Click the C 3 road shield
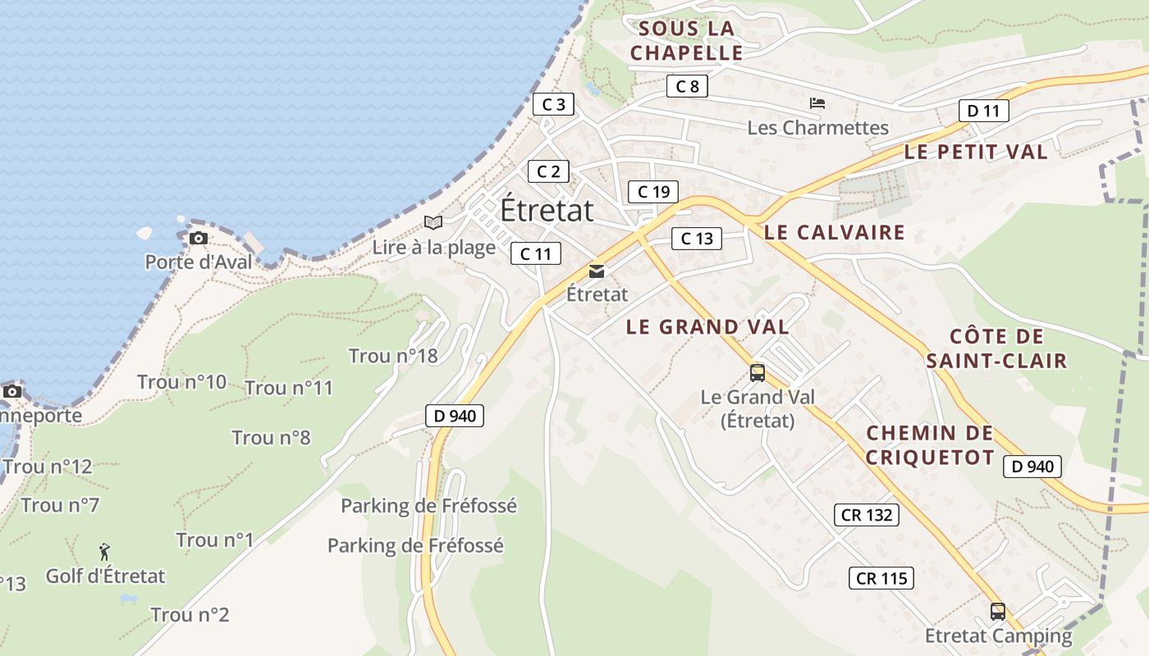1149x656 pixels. (553, 104)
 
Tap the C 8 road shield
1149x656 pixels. (687, 86)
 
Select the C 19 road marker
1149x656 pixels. (653, 192)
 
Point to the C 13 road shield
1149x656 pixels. (697, 239)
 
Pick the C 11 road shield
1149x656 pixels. (536, 253)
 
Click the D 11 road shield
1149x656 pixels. (983, 111)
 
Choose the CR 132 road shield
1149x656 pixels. (866, 515)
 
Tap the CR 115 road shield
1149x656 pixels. (881, 578)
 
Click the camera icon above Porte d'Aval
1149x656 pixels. (198, 239)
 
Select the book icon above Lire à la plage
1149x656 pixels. (433, 222)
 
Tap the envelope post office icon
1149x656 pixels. (597, 271)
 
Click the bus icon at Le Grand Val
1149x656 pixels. (758, 373)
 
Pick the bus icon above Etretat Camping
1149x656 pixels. (998, 612)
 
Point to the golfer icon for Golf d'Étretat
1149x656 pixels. (104, 552)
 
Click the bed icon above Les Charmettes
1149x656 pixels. (817, 103)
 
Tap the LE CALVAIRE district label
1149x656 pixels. (834, 232)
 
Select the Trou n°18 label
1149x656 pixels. (393, 356)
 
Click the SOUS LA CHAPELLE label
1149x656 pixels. (687, 41)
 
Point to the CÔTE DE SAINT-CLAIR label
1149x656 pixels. (996, 348)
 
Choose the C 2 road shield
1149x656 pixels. (548, 171)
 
